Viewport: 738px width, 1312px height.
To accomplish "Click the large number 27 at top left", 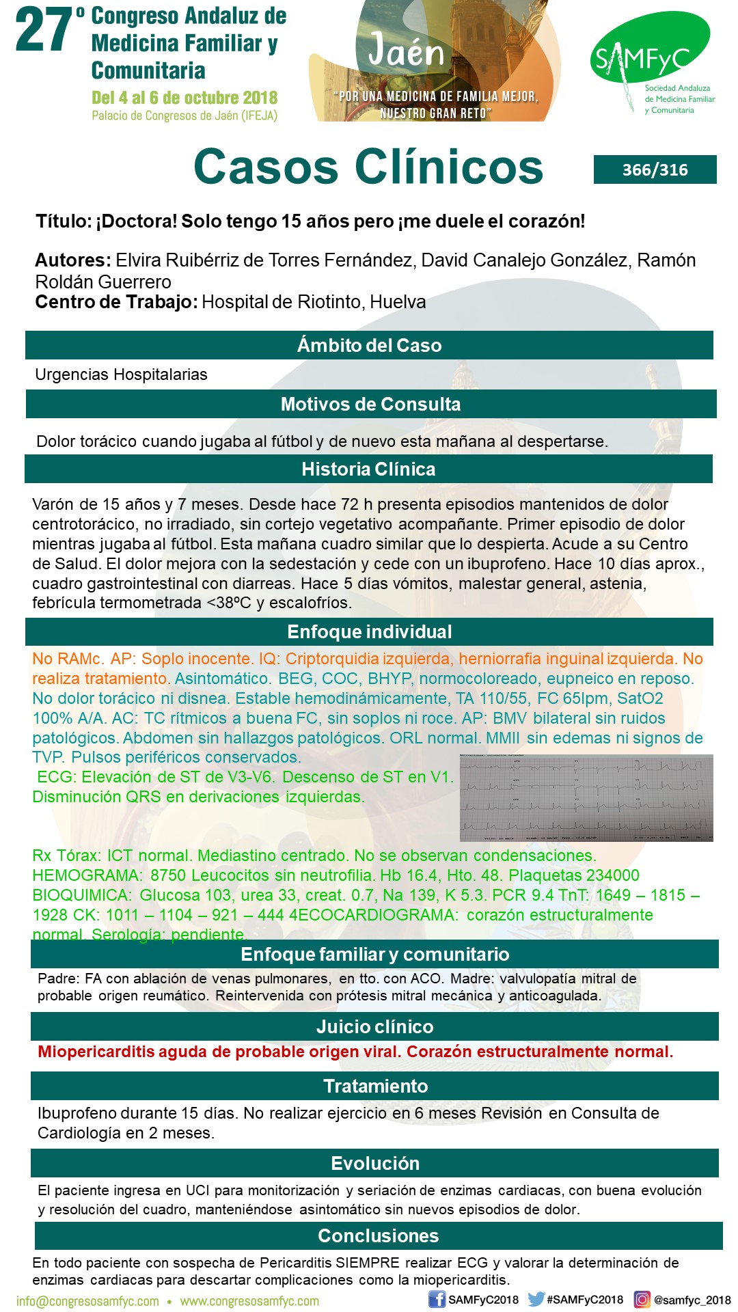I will (44, 31).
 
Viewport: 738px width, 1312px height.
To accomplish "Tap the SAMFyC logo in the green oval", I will (648, 55).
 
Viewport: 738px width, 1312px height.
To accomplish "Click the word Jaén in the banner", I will (406, 52).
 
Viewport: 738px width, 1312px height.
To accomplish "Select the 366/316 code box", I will (655, 169).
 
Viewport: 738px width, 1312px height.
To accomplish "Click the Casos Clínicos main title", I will (368, 167).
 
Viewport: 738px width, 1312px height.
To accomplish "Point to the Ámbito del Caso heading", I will (369, 345).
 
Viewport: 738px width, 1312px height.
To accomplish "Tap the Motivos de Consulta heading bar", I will (370, 404).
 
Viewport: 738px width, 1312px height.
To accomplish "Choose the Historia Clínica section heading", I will (368, 469).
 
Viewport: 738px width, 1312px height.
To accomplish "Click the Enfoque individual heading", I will (369, 631).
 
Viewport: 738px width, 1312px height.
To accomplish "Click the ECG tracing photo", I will (586, 797).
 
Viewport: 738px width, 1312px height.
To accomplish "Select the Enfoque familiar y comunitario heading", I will (374, 954).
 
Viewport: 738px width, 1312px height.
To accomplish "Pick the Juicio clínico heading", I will (374, 1026).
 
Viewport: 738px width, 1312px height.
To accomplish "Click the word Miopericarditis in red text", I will (96, 1052).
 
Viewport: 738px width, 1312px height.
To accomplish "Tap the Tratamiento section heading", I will (375, 1086).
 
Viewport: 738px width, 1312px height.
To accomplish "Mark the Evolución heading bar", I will (375, 1163).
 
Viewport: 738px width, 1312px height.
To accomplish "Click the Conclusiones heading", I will (378, 1235).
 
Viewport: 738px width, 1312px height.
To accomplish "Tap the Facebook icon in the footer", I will (437, 1299).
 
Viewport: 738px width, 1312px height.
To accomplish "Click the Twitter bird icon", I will (536, 1299).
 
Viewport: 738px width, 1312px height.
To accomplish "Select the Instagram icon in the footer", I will (642, 1299).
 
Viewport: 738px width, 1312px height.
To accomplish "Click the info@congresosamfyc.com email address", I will (87, 1301).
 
